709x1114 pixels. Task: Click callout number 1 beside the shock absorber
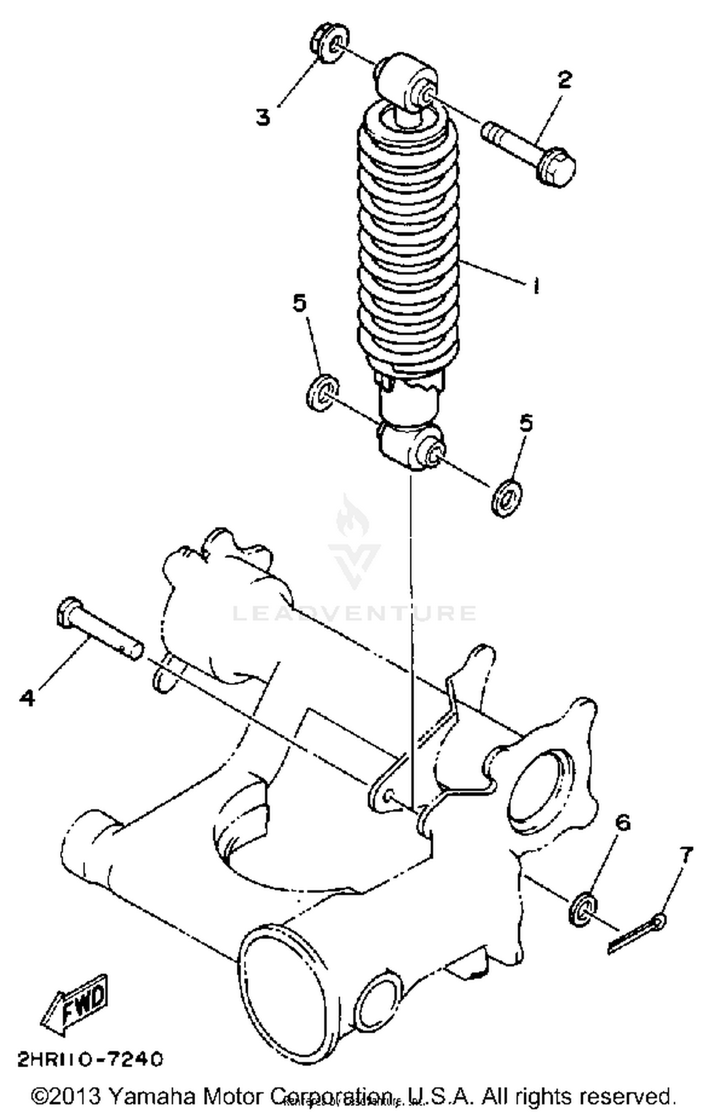point(535,285)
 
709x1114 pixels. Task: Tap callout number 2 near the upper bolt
point(564,80)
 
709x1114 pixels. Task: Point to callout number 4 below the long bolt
point(27,697)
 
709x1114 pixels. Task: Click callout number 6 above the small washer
point(623,823)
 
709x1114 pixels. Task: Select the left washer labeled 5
point(322,392)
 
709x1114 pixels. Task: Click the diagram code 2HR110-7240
point(90,1059)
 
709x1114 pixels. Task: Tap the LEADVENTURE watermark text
point(354,613)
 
